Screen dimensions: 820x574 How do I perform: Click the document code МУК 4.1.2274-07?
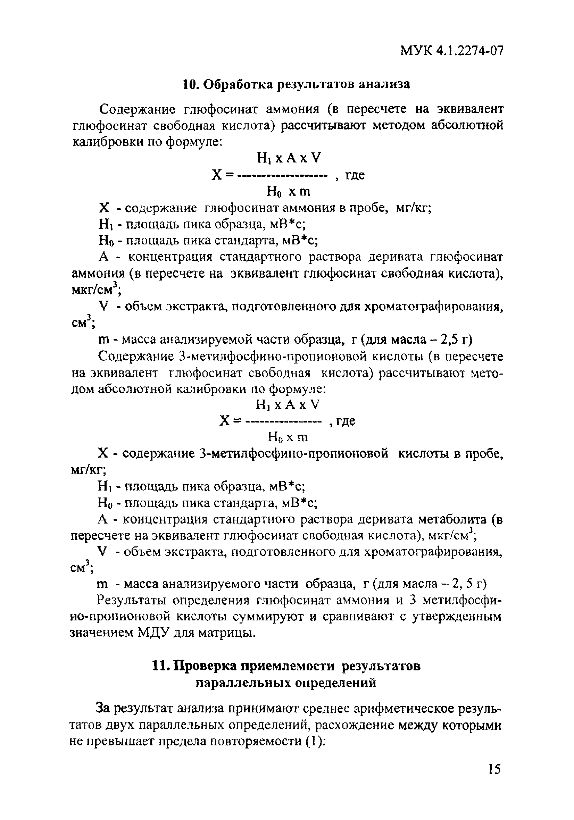coord(451,51)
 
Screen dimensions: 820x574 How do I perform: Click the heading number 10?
coord(190,84)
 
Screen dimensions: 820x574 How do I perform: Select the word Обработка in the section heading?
coord(238,84)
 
